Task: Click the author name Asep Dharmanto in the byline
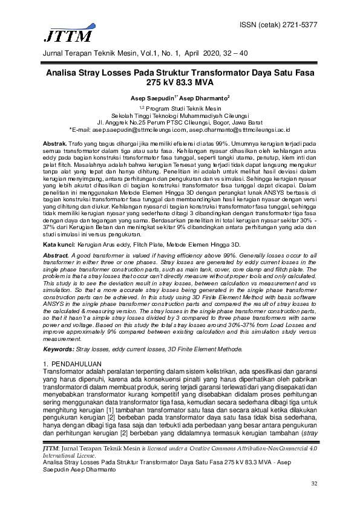coord(203,97)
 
